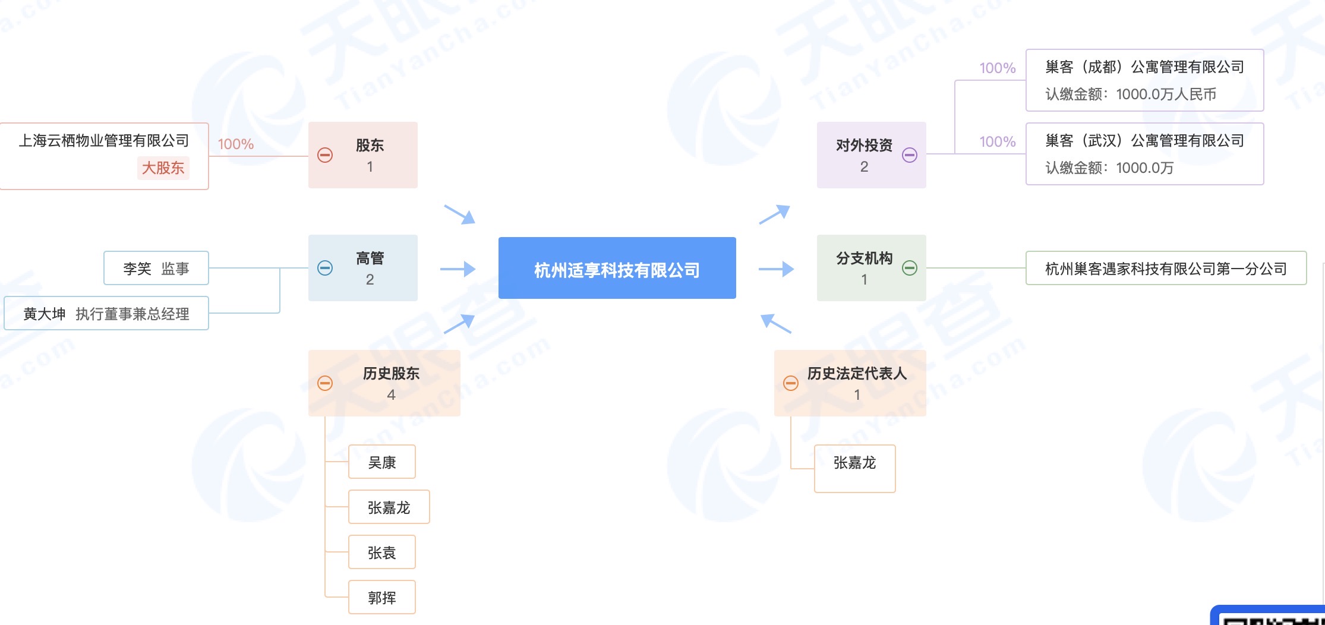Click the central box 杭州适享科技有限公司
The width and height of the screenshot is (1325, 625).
pyautogui.click(x=617, y=269)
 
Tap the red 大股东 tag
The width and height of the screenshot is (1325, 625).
pyautogui.click(x=163, y=168)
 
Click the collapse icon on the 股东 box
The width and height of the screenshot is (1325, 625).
pyautogui.click(x=325, y=155)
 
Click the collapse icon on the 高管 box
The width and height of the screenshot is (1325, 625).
pyautogui.click(x=325, y=268)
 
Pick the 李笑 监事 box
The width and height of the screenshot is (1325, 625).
pyautogui.click(x=156, y=269)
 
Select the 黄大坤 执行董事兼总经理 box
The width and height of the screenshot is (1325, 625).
pyautogui.click(x=106, y=314)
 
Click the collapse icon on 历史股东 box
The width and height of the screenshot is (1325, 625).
pyautogui.click(x=325, y=383)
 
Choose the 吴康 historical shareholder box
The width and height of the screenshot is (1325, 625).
pyautogui.click(x=381, y=462)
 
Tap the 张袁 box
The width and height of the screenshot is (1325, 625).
pyautogui.click(x=381, y=553)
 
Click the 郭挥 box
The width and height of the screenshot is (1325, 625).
pyautogui.click(x=381, y=598)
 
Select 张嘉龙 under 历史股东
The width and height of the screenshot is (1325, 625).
pyautogui.click(x=389, y=507)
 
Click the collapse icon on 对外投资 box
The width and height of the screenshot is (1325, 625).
pyautogui.click(x=910, y=155)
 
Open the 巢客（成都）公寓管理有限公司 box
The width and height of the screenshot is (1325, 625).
pyautogui.click(x=1144, y=80)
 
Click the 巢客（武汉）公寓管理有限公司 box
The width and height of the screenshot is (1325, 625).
pyautogui.click(x=1144, y=154)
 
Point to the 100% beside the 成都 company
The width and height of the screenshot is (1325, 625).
pyautogui.click(x=998, y=68)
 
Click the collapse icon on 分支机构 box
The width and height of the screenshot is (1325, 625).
pyautogui.click(x=910, y=268)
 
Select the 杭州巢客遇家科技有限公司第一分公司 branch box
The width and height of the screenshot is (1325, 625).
pyautogui.click(x=1166, y=269)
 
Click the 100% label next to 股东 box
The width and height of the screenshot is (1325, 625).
pyautogui.click(x=236, y=144)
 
